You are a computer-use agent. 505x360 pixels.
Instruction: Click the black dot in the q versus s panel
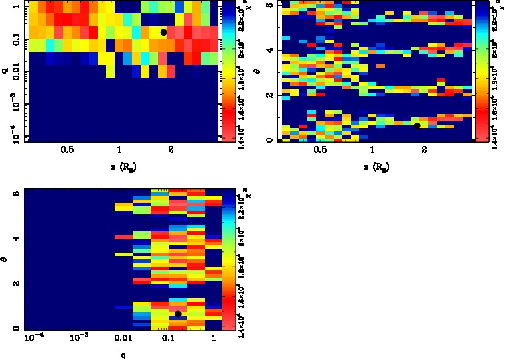pyautogui.click(x=163, y=32)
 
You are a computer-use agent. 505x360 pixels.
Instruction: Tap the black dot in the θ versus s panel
pyautogui.click(x=417, y=125)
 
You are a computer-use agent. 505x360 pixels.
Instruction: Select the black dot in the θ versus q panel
pyautogui.click(x=177, y=314)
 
